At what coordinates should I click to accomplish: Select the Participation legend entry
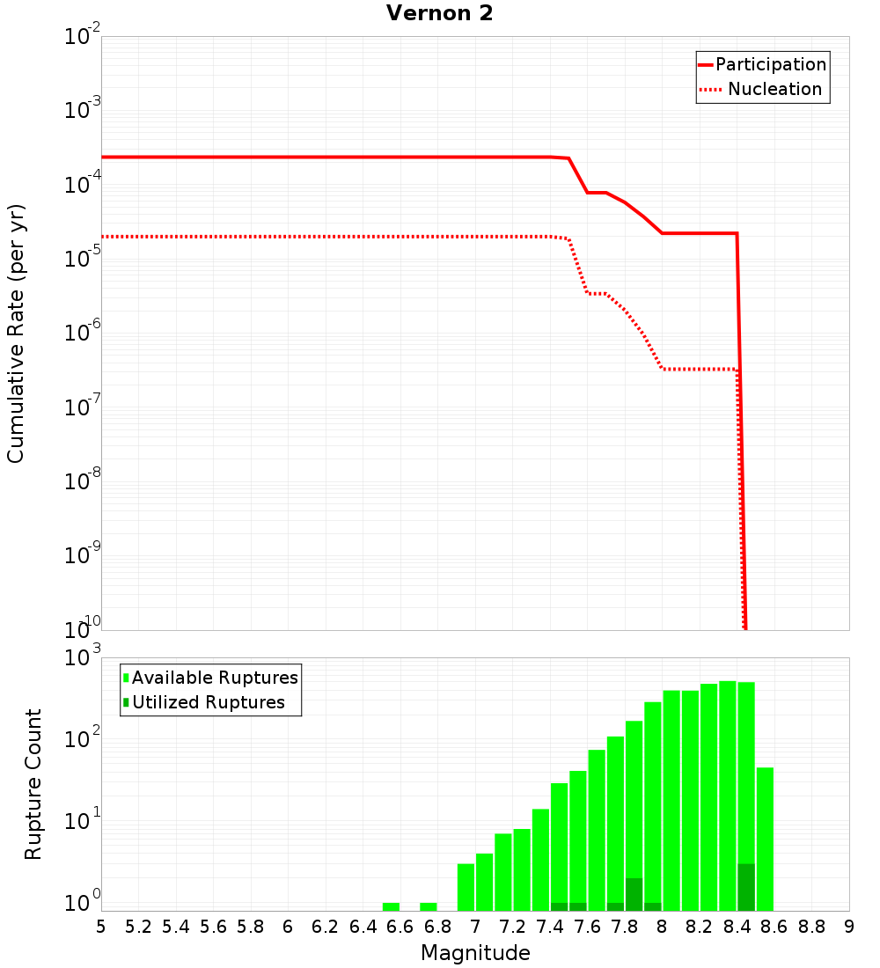pos(762,64)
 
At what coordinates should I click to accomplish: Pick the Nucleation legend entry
pos(762,89)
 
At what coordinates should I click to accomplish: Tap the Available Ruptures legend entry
pos(211,678)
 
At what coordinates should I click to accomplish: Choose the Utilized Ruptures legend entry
pos(204,702)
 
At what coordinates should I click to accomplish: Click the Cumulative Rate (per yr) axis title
pos(16,334)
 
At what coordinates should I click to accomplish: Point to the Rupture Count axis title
pos(33,784)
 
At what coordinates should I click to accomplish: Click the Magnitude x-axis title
pos(475,953)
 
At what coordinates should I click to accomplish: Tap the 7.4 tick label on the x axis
pos(550,927)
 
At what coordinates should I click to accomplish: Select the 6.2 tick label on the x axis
pos(326,927)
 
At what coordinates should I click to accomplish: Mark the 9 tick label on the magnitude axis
pos(849,927)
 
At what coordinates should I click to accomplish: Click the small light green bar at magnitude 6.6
pos(391,906)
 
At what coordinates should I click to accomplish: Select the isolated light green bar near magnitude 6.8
pos(429,906)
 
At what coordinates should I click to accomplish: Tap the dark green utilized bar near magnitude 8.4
pos(746,887)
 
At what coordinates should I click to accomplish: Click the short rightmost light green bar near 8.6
pos(765,839)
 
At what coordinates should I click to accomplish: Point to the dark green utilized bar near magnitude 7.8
pos(634,894)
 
